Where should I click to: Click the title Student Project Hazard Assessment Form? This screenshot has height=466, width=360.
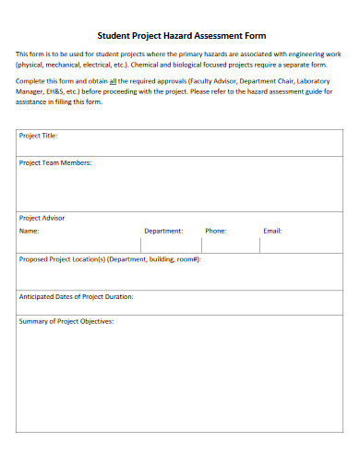click(180, 35)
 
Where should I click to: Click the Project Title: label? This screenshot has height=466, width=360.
click(39, 136)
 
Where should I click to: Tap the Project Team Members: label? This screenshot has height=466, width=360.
click(55, 162)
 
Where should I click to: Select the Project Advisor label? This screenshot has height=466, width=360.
click(42, 218)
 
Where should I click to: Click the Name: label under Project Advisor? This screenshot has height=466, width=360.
click(30, 231)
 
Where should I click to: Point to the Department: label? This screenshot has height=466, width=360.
click(163, 231)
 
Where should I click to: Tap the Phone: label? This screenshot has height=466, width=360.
click(216, 231)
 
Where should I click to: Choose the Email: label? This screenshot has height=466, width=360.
click(272, 231)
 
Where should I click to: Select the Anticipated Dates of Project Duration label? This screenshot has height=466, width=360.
click(77, 296)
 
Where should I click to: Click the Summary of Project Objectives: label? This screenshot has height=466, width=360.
click(66, 321)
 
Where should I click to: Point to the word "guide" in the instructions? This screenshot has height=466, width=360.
click(312, 91)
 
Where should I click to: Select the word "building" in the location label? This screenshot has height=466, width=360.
click(162, 259)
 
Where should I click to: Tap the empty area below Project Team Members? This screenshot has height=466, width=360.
click(180, 189)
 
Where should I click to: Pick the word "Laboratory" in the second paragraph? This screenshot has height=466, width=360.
click(316, 81)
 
